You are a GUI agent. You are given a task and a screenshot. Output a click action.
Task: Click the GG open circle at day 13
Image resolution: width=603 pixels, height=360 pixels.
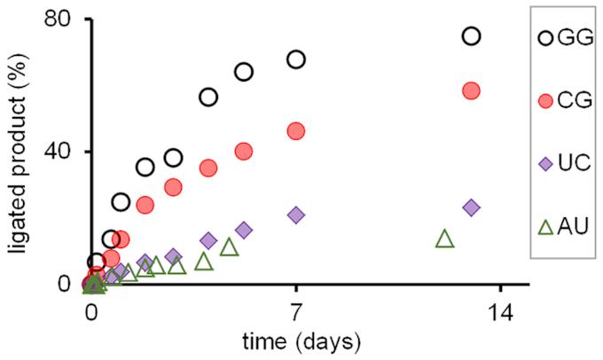coord(471,36)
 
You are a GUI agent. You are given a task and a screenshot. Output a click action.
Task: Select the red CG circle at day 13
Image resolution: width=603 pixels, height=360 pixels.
coord(471,91)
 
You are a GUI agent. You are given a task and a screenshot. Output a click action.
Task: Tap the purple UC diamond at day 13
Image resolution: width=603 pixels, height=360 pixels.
coord(471,207)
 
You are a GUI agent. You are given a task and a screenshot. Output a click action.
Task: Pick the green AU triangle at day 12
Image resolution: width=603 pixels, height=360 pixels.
coord(445,239)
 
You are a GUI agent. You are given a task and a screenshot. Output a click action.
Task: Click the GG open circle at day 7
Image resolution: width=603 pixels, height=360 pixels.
coord(296,59)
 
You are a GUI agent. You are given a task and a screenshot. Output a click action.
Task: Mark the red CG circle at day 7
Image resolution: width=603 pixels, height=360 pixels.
coord(296,131)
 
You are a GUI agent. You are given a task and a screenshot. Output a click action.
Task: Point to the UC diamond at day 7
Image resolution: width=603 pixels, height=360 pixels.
coord(296,215)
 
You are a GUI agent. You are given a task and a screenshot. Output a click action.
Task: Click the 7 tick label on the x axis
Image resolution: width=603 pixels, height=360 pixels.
coord(296,313)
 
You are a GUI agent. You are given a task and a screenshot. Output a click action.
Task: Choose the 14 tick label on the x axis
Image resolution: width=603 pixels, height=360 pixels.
coord(501,313)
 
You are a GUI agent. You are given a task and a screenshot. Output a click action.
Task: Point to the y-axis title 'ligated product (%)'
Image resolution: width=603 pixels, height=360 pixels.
coord(18,151)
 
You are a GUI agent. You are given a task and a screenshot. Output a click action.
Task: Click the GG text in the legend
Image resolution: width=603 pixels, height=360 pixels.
coord(577,39)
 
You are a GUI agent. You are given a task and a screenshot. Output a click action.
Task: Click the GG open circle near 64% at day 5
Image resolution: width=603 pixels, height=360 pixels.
coord(243,72)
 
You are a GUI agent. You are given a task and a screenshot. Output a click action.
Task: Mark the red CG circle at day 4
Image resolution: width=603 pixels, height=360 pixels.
coord(208,168)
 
